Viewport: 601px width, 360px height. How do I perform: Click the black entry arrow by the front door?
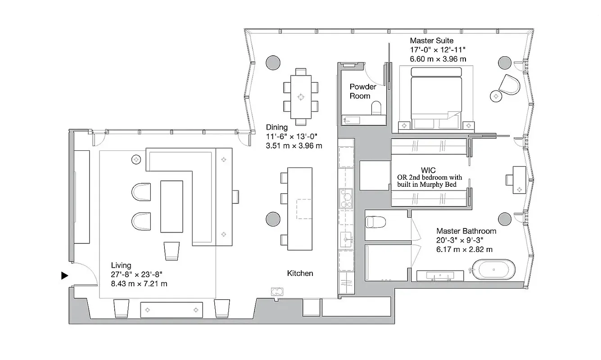coord(65,276)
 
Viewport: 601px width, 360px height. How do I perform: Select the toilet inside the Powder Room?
coord(376,108)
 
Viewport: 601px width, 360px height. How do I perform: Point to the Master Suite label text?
coord(431,41)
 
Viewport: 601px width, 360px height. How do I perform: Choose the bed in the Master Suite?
coord(436,97)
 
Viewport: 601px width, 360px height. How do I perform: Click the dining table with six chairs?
coord(301,97)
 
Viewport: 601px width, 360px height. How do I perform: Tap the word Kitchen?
coord(300,273)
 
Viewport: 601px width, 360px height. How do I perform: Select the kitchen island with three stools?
coord(299,209)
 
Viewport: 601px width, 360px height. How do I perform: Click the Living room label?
coord(121,265)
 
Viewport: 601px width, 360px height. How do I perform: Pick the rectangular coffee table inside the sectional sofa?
coord(172,206)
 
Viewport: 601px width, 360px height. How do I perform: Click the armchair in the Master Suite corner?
coord(510,84)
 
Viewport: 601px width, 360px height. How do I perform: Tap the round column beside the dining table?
coord(273,63)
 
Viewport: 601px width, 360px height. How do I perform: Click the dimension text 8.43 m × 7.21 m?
coord(139,283)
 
